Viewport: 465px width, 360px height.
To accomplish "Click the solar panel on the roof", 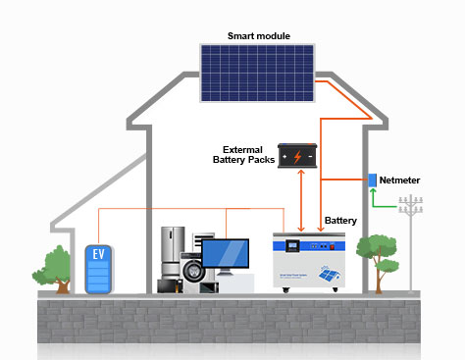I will click(259, 74).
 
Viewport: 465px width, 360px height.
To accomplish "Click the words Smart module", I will click(259, 36).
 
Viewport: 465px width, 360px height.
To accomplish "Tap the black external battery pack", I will click(298, 156).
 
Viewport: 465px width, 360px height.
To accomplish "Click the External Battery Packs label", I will click(243, 154).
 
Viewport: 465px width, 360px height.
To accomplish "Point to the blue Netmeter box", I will click(373, 180).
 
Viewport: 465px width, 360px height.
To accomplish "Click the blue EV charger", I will click(98, 270).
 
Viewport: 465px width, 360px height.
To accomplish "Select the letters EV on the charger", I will click(98, 254).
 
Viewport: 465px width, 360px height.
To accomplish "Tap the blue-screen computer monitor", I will click(225, 253).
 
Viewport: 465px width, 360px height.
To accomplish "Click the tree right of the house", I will click(377, 253).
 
